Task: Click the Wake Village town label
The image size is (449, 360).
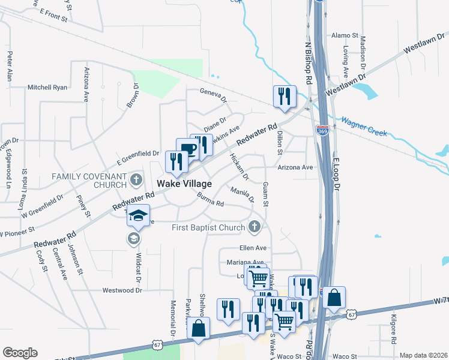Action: pyautogui.click(x=184, y=183)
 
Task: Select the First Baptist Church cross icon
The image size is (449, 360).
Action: pyautogui.click(x=254, y=227)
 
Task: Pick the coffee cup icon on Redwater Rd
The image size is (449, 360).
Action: pyautogui.click(x=187, y=149)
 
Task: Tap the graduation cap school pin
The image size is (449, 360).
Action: pyautogui.click(x=138, y=216)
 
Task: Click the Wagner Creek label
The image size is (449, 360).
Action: pyautogui.click(x=364, y=125)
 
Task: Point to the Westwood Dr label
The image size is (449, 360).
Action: pyautogui.click(x=122, y=290)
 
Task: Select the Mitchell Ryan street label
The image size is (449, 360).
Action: pyautogui.click(x=47, y=87)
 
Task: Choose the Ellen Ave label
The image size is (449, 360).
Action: pyautogui.click(x=253, y=248)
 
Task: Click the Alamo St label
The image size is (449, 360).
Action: pyautogui.click(x=345, y=36)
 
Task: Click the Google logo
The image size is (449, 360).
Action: pyautogui.click(x=20, y=353)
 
